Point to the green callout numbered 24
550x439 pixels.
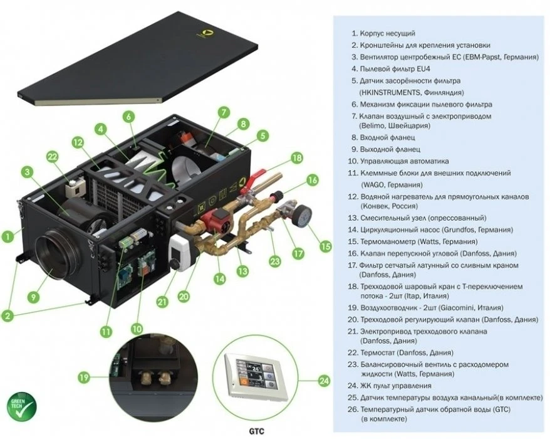[x=323, y=381]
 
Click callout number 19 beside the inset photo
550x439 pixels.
[x=83, y=377]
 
